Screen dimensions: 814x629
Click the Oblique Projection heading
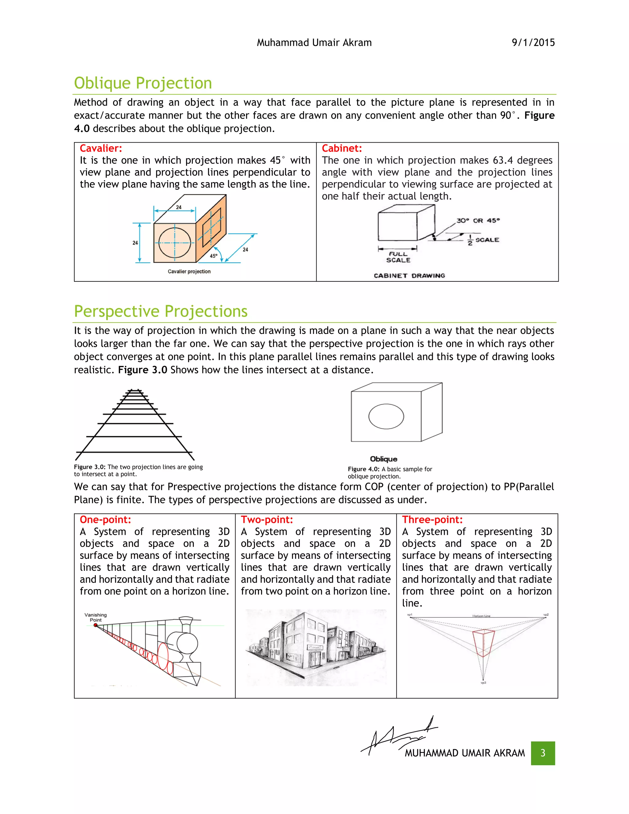click(143, 83)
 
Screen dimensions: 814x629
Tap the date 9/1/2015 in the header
click(533, 42)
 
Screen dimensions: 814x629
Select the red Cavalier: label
click(101, 148)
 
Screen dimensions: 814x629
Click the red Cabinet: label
click(342, 148)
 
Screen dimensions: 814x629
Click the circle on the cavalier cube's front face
click(175, 243)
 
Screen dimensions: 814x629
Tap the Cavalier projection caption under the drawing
click(189, 271)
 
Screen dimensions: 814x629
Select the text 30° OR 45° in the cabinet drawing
click(478, 221)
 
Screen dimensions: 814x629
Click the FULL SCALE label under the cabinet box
click(398, 257)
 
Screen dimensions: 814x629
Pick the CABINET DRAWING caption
click(409, 276)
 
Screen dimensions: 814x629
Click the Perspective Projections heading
click(161, 311)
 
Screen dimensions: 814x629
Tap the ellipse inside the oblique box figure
click(386, 416)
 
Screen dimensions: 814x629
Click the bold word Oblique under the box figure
click(383, 459)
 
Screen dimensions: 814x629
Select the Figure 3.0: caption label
click(89, 467)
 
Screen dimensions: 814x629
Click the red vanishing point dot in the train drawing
click(96, 625)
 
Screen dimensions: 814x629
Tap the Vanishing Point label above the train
click(96, 617)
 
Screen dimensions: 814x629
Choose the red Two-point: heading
click(267, 519)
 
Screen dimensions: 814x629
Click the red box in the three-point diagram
click(483, 643)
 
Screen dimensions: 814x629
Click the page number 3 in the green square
click(543, 753)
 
